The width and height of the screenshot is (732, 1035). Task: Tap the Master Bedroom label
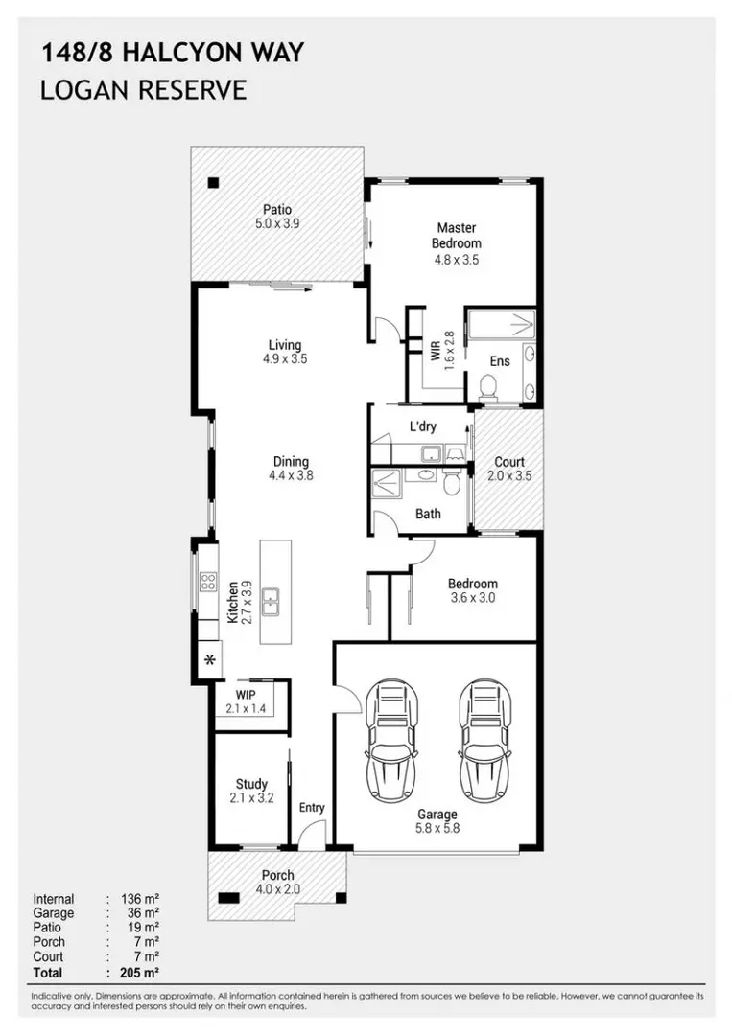coord(457,235)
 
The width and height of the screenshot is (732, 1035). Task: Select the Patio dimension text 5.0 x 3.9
coord(277,223)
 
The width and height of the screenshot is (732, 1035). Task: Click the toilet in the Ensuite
coord(488,387)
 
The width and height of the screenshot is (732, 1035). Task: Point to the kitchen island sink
coord(270,601)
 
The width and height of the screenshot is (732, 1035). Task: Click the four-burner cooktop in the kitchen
coord(208,582)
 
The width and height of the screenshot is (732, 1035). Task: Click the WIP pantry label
coord(245,695)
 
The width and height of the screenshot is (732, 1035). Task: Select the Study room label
coord(251,784)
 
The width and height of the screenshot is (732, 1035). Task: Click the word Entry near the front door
coord(312,807)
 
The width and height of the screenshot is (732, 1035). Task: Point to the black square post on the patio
coord(213,183)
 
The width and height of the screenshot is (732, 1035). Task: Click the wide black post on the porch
coord(228,898)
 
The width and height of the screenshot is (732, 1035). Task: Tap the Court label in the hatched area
coord(509,462)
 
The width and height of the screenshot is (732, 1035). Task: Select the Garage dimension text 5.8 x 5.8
coord(437,828)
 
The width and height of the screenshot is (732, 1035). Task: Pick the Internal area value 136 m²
coord(140,899)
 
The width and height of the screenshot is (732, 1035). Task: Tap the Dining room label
coord(292,461)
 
